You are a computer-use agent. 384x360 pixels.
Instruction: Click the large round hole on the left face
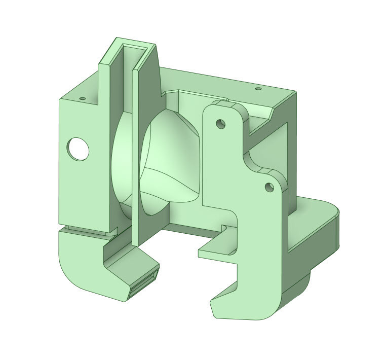[79, 149]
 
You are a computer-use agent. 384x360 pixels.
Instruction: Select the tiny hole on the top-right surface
[258, 89]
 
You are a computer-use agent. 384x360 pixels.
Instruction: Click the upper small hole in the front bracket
[220, 123]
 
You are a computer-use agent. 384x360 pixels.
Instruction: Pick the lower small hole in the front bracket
[268, 187]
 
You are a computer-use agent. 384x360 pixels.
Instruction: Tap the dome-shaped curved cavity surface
[170, 152]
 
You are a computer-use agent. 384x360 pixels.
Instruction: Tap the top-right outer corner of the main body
[295, 92]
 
